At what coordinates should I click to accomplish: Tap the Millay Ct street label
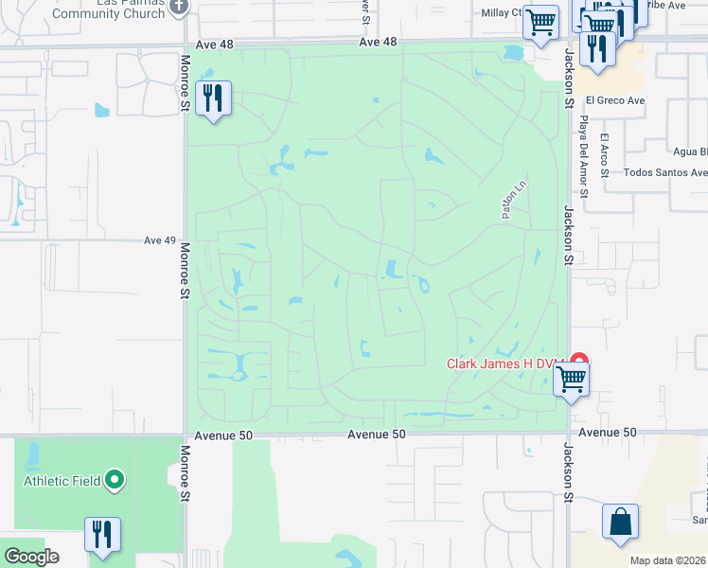click(502, 12)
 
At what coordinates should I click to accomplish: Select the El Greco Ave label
click(614, 100)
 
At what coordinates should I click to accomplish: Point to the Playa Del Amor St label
click(584, 157)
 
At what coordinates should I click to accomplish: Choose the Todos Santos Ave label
click(665, 173)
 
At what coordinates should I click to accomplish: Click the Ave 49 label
click(160, 240)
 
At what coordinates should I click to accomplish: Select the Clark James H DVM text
click(506, 364)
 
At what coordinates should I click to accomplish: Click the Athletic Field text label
click(62, 481)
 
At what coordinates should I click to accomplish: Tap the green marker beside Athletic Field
click(115, 481)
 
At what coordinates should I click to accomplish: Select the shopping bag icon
click(620, 522)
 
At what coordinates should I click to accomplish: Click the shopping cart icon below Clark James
click(571, 381)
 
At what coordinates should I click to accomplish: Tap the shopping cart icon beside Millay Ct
click(540, 21)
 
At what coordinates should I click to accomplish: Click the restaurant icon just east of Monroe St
click(213, 98)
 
